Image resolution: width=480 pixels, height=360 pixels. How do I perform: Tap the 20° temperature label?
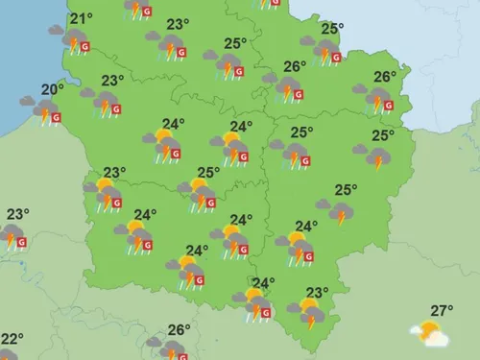(52, 89)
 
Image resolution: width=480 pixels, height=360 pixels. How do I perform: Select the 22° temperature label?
(11, 339)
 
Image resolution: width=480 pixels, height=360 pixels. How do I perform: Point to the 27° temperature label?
(442, 310)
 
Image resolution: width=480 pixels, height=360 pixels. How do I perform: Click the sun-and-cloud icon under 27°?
(429, 334)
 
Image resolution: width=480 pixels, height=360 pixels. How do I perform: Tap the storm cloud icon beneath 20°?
(40, 110)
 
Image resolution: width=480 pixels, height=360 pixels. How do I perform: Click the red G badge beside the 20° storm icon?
(55, 119)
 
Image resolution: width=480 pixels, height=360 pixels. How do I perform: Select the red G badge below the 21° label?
(85, 46)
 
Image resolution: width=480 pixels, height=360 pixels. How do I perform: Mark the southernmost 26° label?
(179, 330)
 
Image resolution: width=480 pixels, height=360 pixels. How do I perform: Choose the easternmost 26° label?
(385, 77)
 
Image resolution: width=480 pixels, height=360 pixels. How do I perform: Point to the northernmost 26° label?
(296, 66)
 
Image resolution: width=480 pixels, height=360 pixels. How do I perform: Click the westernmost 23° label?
(17, 213)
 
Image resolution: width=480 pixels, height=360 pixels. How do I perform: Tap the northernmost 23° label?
(178, 24)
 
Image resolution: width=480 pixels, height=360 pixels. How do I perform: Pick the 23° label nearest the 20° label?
(113, 80)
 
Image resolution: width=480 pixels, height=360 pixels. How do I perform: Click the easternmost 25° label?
(382, 134)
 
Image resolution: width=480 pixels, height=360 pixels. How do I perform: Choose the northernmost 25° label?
(331, 29)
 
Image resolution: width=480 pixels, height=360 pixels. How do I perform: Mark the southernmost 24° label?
(263, 282)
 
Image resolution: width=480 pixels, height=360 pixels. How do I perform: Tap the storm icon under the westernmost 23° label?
(11, 235)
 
